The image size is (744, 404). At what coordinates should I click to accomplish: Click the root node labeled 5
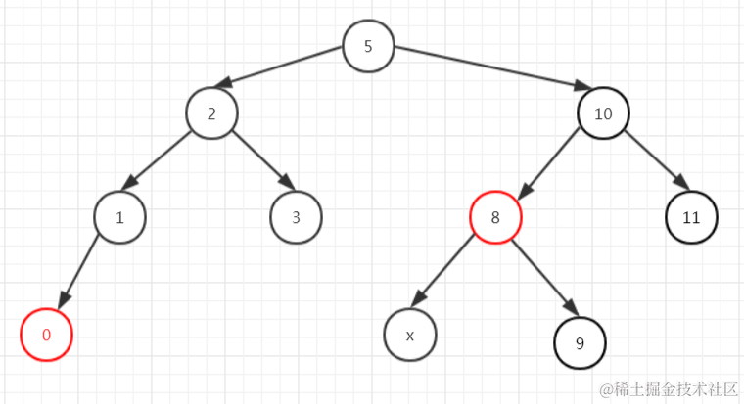click(368, 46)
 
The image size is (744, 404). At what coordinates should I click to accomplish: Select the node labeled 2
click(211, 113)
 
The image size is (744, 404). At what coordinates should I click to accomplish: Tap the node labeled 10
click(603, 113)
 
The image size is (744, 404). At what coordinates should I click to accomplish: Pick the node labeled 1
click(119, 217)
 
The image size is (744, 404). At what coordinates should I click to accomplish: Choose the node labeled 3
click(296, 217)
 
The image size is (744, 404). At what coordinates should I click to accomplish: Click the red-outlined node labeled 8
click(495, 217)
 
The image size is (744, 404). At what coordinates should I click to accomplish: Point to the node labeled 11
click(691, 217)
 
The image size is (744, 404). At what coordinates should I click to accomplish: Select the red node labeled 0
click(46, 335)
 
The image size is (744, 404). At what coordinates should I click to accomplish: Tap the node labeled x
click(410, 335)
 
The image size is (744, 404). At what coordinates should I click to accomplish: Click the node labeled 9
click(580, 342)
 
